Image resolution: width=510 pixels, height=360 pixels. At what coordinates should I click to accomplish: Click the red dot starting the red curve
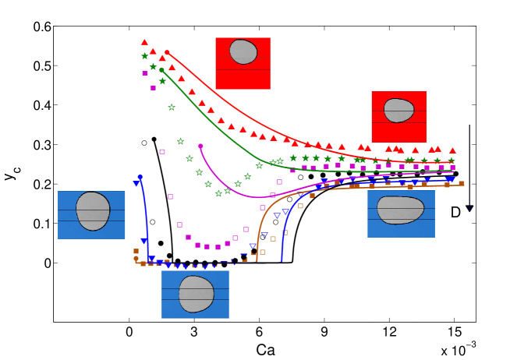click(167, 52)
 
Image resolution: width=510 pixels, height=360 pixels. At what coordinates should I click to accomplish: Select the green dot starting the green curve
click(161, 69)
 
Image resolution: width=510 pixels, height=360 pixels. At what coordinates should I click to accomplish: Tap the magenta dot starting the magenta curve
click(200, 146)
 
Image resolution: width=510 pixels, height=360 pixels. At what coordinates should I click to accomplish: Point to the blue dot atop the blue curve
click(140, 177)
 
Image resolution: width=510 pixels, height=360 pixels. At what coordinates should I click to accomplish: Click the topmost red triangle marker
click(144, 42)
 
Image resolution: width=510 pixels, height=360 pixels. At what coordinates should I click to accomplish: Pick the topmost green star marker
click(144, 55)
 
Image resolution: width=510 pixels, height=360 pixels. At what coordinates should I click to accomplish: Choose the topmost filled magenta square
click(145, 73)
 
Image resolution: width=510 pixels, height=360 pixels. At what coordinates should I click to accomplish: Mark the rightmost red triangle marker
click(452, 150)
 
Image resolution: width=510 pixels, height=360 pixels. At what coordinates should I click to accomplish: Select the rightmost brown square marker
click(461, 184)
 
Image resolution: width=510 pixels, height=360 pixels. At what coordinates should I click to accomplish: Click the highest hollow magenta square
click(162, 152)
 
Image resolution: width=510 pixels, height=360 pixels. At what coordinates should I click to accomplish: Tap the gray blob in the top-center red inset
click(243, 52)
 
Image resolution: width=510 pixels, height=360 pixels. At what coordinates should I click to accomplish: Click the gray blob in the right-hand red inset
click(398, 110)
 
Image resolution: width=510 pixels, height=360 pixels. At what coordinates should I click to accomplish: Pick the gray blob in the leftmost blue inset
click(93, 211)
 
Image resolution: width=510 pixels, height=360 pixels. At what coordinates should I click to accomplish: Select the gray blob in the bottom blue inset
click(196, 294)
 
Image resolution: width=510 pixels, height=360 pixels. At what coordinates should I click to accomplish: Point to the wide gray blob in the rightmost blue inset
click(400, 210)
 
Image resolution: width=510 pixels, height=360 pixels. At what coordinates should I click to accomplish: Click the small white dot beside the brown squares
click(129, 263)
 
